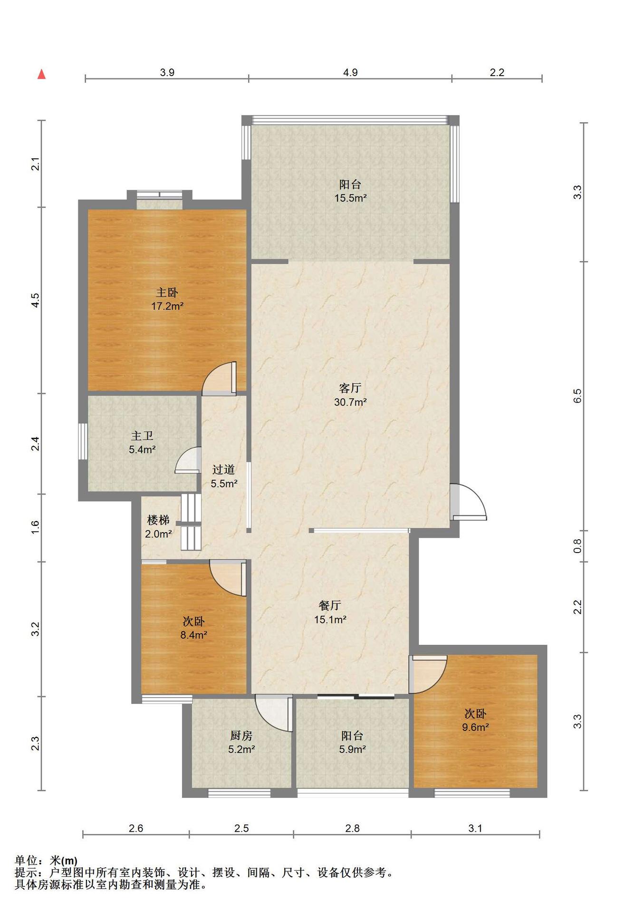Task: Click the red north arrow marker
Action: coord(42,74)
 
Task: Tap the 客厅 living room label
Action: coord(350,388)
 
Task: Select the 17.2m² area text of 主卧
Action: coord(167,306)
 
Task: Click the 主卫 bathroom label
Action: coord(142,436)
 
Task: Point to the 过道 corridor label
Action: coord(224,470)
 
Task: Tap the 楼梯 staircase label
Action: coord(158,520)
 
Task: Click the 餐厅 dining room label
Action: coord(330,605)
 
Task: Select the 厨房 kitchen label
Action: coord(241,736)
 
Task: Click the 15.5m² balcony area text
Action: coord(350,198)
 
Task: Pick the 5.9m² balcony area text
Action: coord(352,749)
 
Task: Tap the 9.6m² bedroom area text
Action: coord(476,727)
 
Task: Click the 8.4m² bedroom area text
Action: coord(194,635)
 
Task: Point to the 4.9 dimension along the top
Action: coord(350,73)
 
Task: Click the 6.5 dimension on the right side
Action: coord(577,396)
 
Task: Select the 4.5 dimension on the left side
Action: coord(35,300)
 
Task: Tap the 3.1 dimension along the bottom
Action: coord(475,828)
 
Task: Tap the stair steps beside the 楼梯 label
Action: coord(191,522)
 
